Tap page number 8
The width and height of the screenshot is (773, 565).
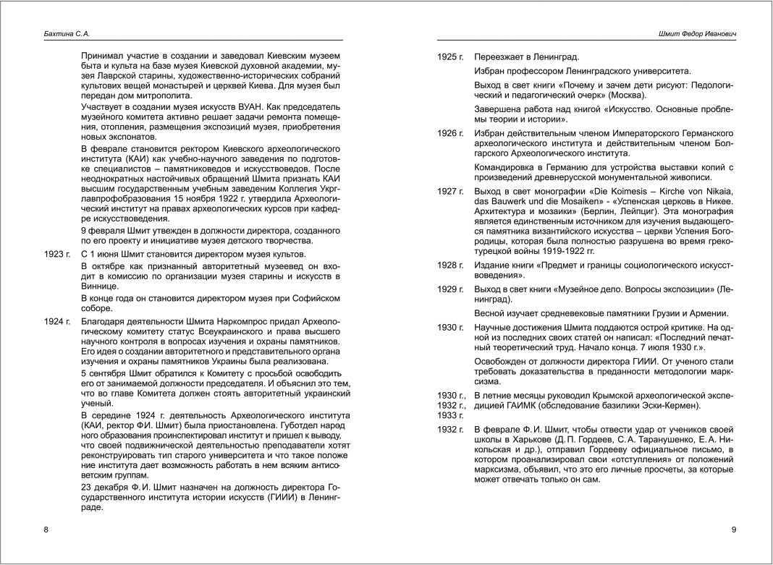click(x=46, y=530)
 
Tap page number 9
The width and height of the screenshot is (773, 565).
click(x=734, y=530)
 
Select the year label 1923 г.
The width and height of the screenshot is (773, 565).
click(x=57, y=254)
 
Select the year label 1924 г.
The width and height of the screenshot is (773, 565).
click(x=57, y=321)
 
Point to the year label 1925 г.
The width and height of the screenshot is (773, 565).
click(x=450, y=57)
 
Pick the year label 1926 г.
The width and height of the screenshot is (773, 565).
click(x=450, y=134)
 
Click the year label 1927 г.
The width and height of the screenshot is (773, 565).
click(x=450, y=192)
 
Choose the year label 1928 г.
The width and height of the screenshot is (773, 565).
click(x=450, y=265)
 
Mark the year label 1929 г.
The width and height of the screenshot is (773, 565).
click(x=450, y=289)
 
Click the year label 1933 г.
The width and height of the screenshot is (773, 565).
click(x=450, y=415)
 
